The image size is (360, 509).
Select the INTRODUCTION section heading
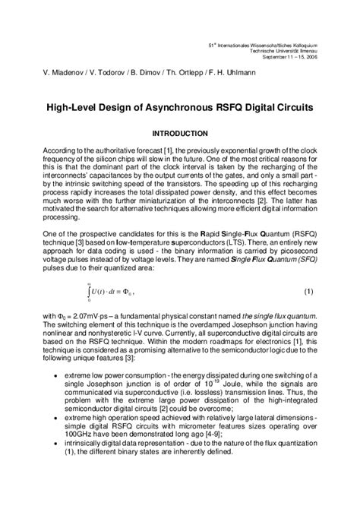pyautogui.click(x=180, y=133)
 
